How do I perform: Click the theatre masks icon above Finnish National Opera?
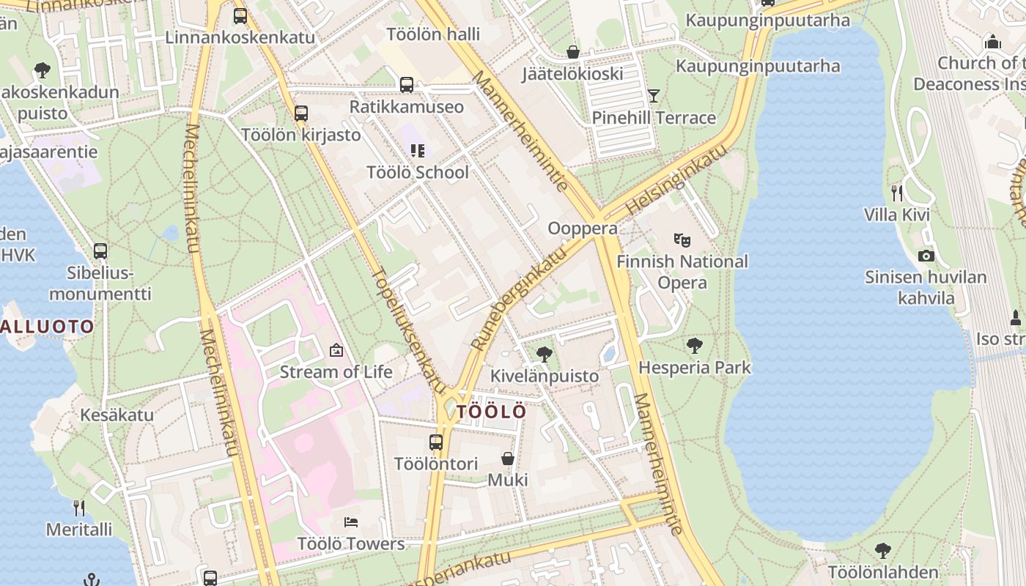682,240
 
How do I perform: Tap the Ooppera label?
583,229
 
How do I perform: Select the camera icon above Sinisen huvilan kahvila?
926,256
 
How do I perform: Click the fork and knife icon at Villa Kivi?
897,193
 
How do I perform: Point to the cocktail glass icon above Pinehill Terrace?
654,95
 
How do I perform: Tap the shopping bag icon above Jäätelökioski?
573,52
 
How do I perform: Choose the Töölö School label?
418,173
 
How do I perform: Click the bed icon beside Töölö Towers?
351,522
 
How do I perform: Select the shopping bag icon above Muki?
507,459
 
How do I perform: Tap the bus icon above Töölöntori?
436,442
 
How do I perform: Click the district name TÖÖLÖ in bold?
491,412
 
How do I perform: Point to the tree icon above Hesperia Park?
694,345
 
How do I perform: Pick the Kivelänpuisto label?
545,377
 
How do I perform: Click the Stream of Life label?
336,372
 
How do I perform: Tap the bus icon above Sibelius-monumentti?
100,251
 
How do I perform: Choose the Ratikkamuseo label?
407,107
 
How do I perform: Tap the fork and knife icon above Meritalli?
79,508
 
